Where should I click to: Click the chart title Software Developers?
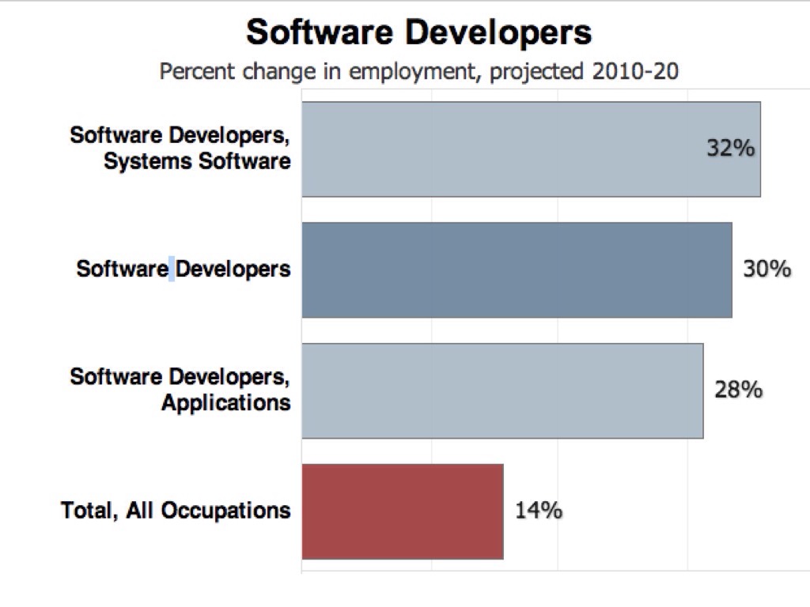(x=418, y=33)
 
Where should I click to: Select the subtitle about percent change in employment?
(x=419, y=72)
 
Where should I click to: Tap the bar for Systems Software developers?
(x=530, y=149)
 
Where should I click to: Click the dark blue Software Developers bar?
(x=516, y=270)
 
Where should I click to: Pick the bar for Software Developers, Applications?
(x=502, y=390)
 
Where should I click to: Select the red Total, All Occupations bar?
(x=402, y=511)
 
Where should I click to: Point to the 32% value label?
(x=731, y=149)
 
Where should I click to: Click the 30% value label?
(x=766, y=270)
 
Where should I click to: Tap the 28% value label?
(x=738, y=390)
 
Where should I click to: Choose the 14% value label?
(x=539, y=511)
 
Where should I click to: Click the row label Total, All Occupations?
(x=176, y=511)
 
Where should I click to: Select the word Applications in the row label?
(x=226, y=403)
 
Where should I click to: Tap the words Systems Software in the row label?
(x=197, y=162)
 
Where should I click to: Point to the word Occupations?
(x=225, y=511)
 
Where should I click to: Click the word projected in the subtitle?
(x=536, y=72)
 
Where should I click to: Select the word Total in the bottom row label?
(x=87, y=511)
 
